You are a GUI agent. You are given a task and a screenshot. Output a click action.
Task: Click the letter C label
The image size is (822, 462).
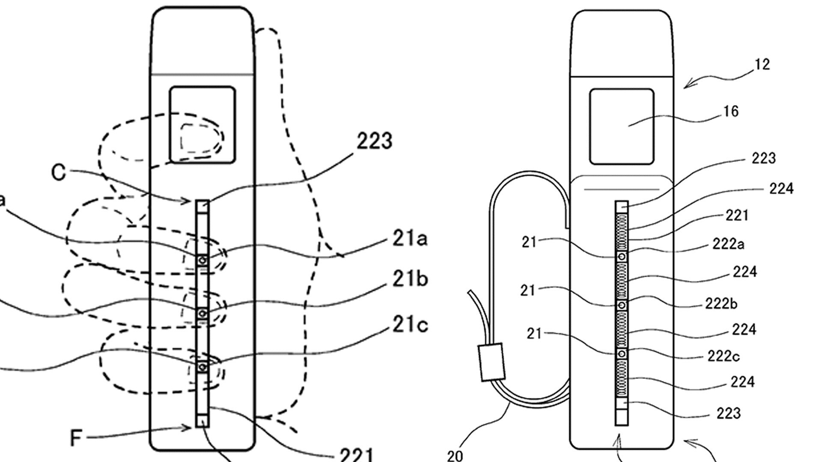tap(59, 172)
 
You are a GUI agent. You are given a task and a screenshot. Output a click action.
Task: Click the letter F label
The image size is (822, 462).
tap(76, 438)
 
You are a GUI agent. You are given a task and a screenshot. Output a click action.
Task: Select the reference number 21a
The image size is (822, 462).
tap(410, 238)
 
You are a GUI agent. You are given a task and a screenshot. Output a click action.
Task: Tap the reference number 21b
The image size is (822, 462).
tap(410, 279)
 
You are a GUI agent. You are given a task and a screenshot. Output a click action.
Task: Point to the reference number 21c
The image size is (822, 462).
tap(410, 325)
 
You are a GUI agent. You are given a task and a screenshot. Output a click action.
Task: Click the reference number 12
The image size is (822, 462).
tap(762, 65)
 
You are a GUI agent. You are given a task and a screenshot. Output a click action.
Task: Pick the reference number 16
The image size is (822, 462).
tap(731, 112)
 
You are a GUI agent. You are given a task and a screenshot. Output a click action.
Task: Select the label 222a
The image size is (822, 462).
tap(728, 244)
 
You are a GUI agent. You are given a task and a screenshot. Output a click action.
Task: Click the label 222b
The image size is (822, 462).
tap(721, 304)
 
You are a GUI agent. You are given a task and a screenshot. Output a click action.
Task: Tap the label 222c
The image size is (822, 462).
tap(723, 356)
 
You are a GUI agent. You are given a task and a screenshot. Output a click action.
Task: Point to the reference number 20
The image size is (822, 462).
tap(455, 456)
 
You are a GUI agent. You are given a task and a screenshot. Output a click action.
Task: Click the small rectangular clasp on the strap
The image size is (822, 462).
tap(492, 362)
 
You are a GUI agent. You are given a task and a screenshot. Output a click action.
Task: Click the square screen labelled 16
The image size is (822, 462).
tap(622, 127)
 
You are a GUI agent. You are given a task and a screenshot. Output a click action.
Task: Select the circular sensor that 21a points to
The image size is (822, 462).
tap(203, 260)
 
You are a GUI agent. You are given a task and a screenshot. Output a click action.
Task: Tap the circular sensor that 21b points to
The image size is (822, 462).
tap(203, 314)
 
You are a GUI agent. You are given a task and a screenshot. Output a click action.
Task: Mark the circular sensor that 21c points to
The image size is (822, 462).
tap(203, 367)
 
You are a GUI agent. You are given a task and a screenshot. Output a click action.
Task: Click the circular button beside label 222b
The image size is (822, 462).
tap(622, 305)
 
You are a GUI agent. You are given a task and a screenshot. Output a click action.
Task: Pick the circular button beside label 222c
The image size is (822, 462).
tap(622, 354)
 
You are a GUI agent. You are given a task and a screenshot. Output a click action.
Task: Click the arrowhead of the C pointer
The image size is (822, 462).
tap(187, 201)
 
